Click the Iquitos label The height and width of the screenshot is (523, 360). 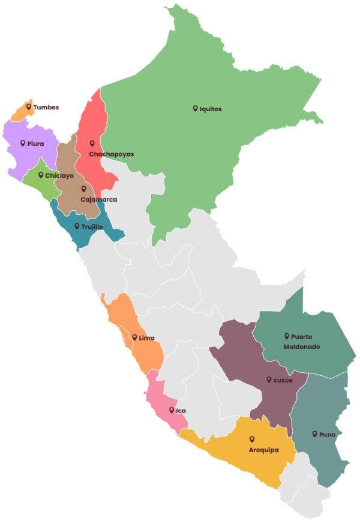point(211,109)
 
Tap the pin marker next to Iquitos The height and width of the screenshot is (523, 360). point(195,108)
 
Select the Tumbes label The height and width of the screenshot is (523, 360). point(46,107)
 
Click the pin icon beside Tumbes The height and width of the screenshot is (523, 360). point(28,106)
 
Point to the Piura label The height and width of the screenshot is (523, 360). point(35,144)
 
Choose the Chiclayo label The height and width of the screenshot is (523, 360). point(59,176)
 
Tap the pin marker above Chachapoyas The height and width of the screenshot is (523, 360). point(92,143)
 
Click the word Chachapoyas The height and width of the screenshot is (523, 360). point(111,154)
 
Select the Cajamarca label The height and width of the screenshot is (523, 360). point(98,199)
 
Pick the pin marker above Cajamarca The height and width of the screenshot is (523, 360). point(84,189)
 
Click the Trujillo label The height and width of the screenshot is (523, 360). point(92,227)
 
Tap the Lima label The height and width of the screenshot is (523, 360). point(146,338)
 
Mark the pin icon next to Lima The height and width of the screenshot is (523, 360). point(134,337)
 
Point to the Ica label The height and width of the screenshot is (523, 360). point(181,411)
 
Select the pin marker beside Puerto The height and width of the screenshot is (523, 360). point(287,336)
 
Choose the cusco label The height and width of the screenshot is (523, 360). point(283,380)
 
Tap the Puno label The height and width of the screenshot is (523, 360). point(327,434)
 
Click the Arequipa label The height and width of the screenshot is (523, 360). point(263,450)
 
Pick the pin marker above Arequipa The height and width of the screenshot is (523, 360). point(252,439)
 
